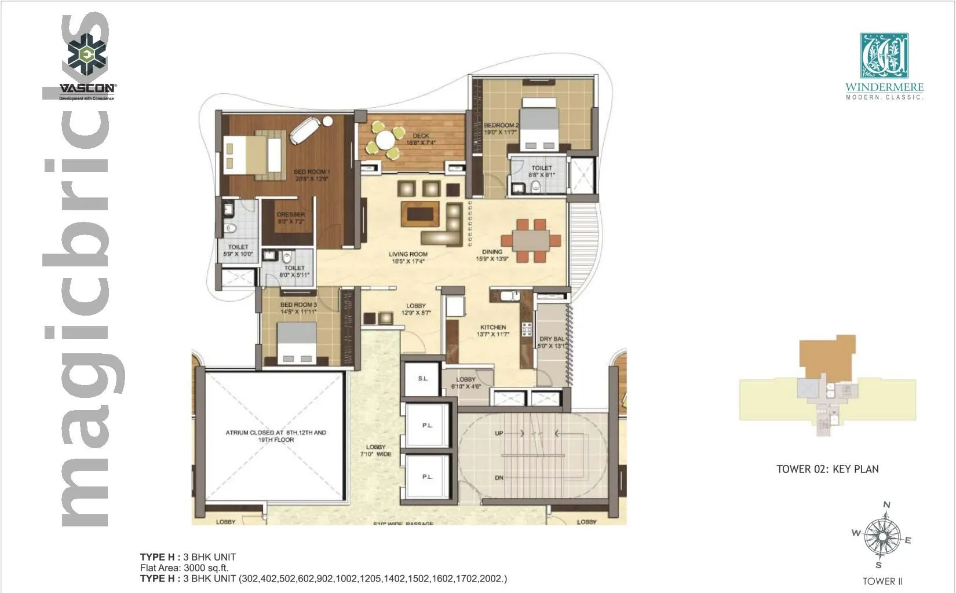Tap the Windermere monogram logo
coord(884,56)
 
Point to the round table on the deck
coord(385,140)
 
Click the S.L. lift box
coord(423,379)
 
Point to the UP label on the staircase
coord(499,433)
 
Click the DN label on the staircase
coord(499,478)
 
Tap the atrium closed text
coord(276,436)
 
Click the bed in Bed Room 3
coord(296,342)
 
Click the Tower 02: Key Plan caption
coord(827,469)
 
